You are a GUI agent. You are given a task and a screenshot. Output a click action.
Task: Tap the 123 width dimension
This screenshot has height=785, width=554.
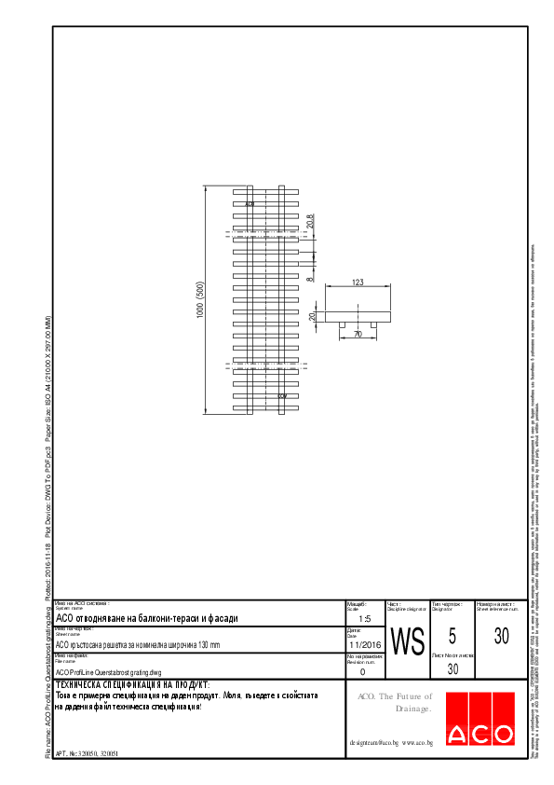[358, 281]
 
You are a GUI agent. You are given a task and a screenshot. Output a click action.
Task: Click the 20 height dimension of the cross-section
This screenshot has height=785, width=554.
[313, 316]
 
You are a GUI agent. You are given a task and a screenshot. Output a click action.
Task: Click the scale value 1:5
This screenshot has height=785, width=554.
[365, 618]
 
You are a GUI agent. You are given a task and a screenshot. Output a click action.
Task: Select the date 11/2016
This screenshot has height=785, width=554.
[365, 644]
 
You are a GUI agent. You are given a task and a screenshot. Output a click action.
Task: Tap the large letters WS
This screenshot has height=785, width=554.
[407, 641]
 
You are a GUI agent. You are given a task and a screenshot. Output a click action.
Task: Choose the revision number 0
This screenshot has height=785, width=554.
[362, 670]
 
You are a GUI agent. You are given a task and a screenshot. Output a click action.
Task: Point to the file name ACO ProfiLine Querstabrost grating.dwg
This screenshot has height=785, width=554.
[109, 671]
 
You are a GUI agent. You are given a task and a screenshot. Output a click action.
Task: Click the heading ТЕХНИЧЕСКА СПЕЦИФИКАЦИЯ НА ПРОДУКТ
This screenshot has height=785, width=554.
[132, 684]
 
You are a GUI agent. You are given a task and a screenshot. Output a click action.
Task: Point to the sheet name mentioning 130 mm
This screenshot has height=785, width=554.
[138, 644]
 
